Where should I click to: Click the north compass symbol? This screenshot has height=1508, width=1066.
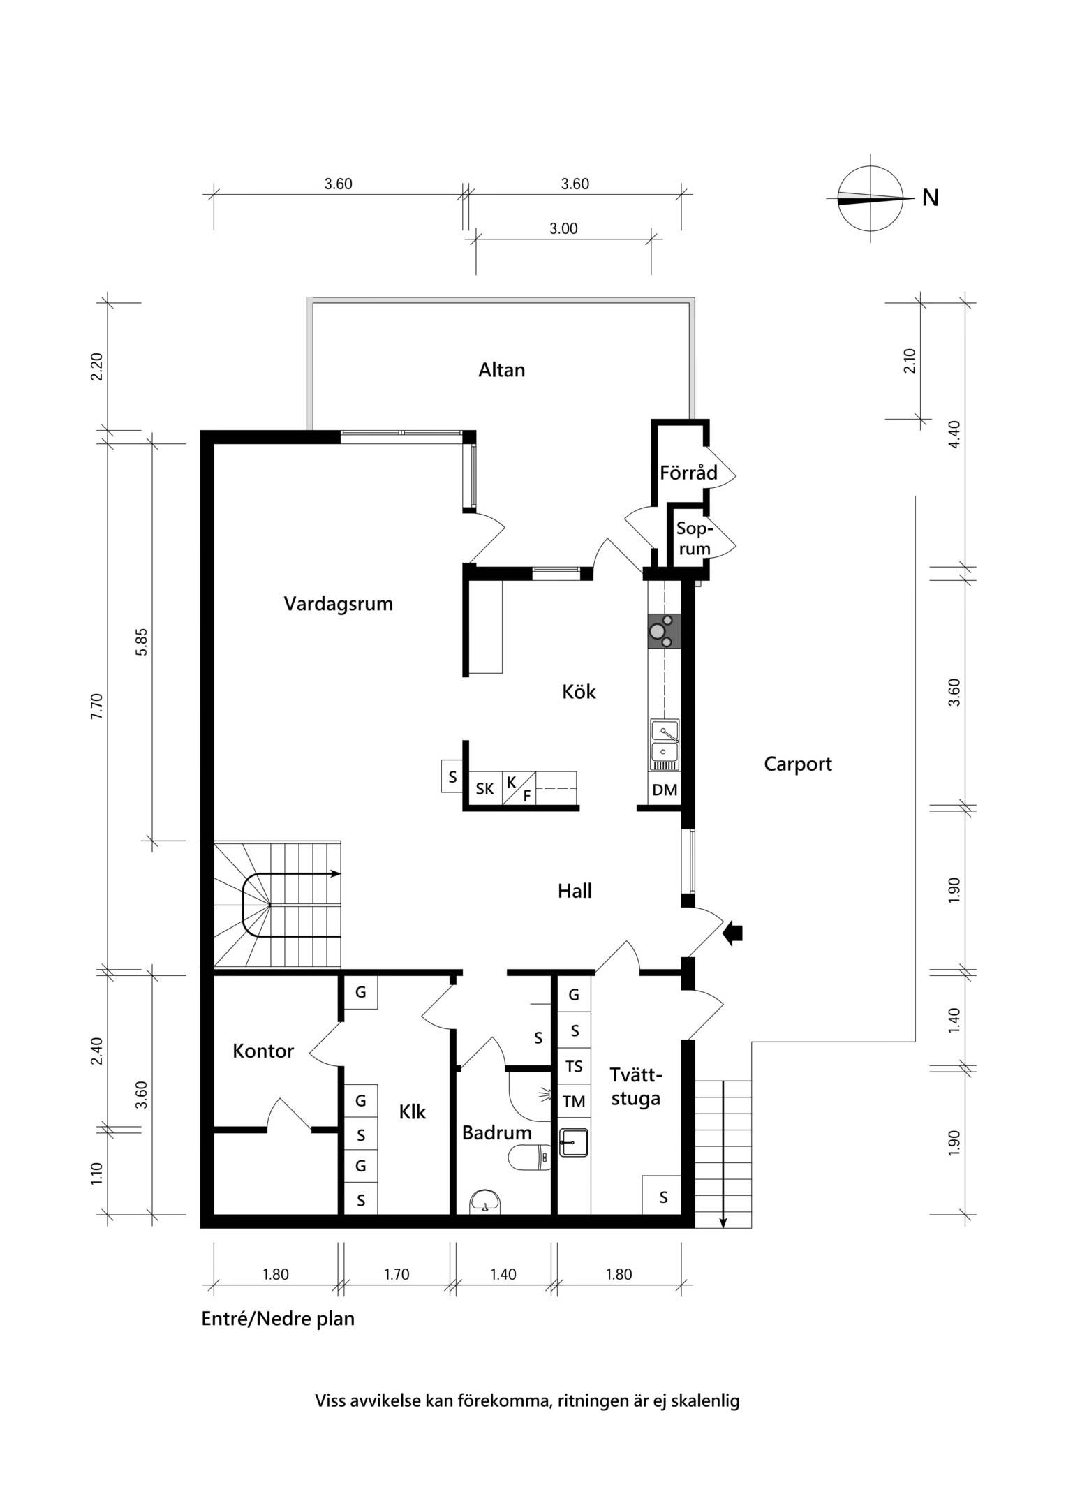pyautogui.click(x=871, y=199)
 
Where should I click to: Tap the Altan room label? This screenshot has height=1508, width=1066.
pyautogui.click(x=501, y=370)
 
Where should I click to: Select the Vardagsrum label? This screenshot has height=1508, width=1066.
pyautogui.click(x=339, y=604)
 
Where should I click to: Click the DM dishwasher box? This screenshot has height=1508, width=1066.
pyautogui.click(x=665, y=790)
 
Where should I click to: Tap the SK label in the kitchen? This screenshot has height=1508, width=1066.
pyautogui.click(x=484, y=789)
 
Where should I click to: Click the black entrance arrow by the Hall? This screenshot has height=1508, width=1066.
pyautogui.click(x=732, y=933)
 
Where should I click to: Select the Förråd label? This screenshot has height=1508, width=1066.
pyautogui.click(x=688, y=473)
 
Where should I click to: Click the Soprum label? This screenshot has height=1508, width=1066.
pyautogui.click(x=694, y=539)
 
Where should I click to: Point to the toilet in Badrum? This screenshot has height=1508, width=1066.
pyautogui.click(x=530, y=1158)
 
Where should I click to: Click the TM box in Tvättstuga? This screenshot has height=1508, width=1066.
pyautogui.click(x=574, y=1102)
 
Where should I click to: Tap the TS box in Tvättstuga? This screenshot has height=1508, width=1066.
pyautogui.click(x=574, y=1067)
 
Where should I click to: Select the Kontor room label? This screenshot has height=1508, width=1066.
pyautogui.click(x=263, y=1051)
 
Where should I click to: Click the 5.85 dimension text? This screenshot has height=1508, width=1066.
pyautogui.click(x=142, y=642)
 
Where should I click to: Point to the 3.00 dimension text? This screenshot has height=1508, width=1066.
pyautogui.click(x=563, y=228)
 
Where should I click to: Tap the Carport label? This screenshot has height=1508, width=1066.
pyautogui.click(x=798, y=764)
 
